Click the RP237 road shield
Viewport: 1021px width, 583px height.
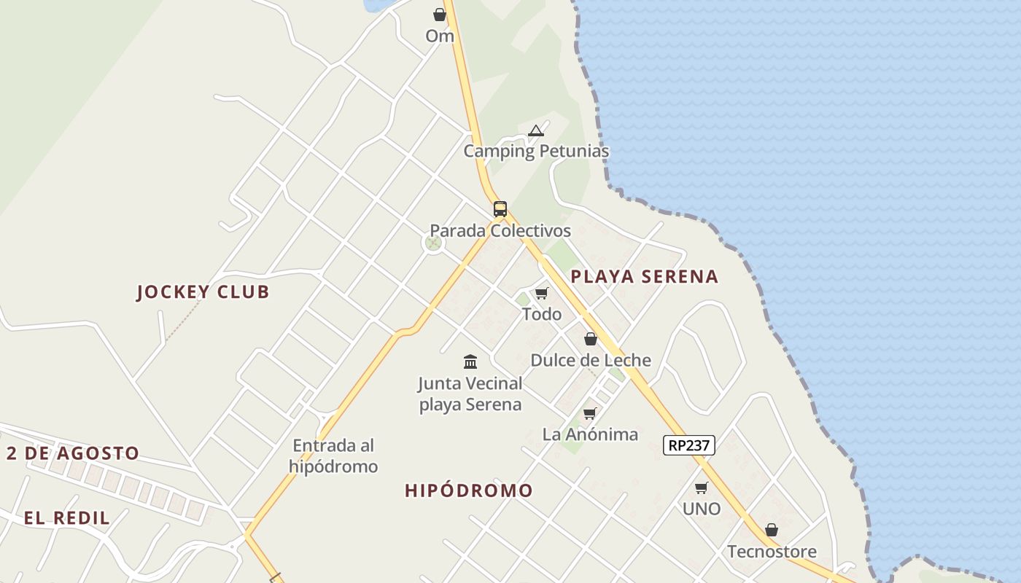pyautogui.click(x=688, y=445)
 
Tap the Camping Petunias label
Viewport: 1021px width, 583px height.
pyautogui.click(x=536, y=152)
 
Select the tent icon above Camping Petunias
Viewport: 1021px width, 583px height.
pyautogui.click(x=536, y=131)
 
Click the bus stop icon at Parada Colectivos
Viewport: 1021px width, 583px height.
pyautogui.click(x=500, y=209)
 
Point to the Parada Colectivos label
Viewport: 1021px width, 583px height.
pyautogui.click(x=500, y=230)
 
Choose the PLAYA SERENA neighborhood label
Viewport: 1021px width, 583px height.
pyautogui.click(x=644, y=277)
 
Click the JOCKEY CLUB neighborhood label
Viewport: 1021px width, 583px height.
pyautogui.click(x=203, y=292)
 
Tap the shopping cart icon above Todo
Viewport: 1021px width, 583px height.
pyautogui.click(x=541, y=294)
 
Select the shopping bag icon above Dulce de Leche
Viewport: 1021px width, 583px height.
pyautogui.click(x=591, y=339)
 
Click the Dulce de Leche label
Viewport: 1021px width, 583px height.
pyautogui.click(x=591, y=360)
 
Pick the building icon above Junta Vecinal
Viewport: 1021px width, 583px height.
pyautogui.click(x=470, y=361)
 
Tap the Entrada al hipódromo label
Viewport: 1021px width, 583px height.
pyautogui.click(x=333, y=455)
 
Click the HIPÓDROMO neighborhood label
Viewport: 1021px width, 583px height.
pyautogui.click(x=469, y=490)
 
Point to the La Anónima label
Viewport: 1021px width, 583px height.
pyautogui.click(x=590, y=434)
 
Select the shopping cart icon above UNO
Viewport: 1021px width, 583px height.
pyautogui.click(x=701, y=488)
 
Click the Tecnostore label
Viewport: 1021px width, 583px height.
pyautogui.click(x=772, y=551)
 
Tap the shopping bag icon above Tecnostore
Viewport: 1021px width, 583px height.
pyautogui.click(x=772, y=530)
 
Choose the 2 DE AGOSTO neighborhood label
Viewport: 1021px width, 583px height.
pyautogui.click(x=72, y=453)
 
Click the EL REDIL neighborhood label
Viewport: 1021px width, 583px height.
pyautogui.click(x=67, y=518)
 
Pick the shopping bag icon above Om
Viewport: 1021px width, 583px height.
pyautogui.click(x=440, y=15)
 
